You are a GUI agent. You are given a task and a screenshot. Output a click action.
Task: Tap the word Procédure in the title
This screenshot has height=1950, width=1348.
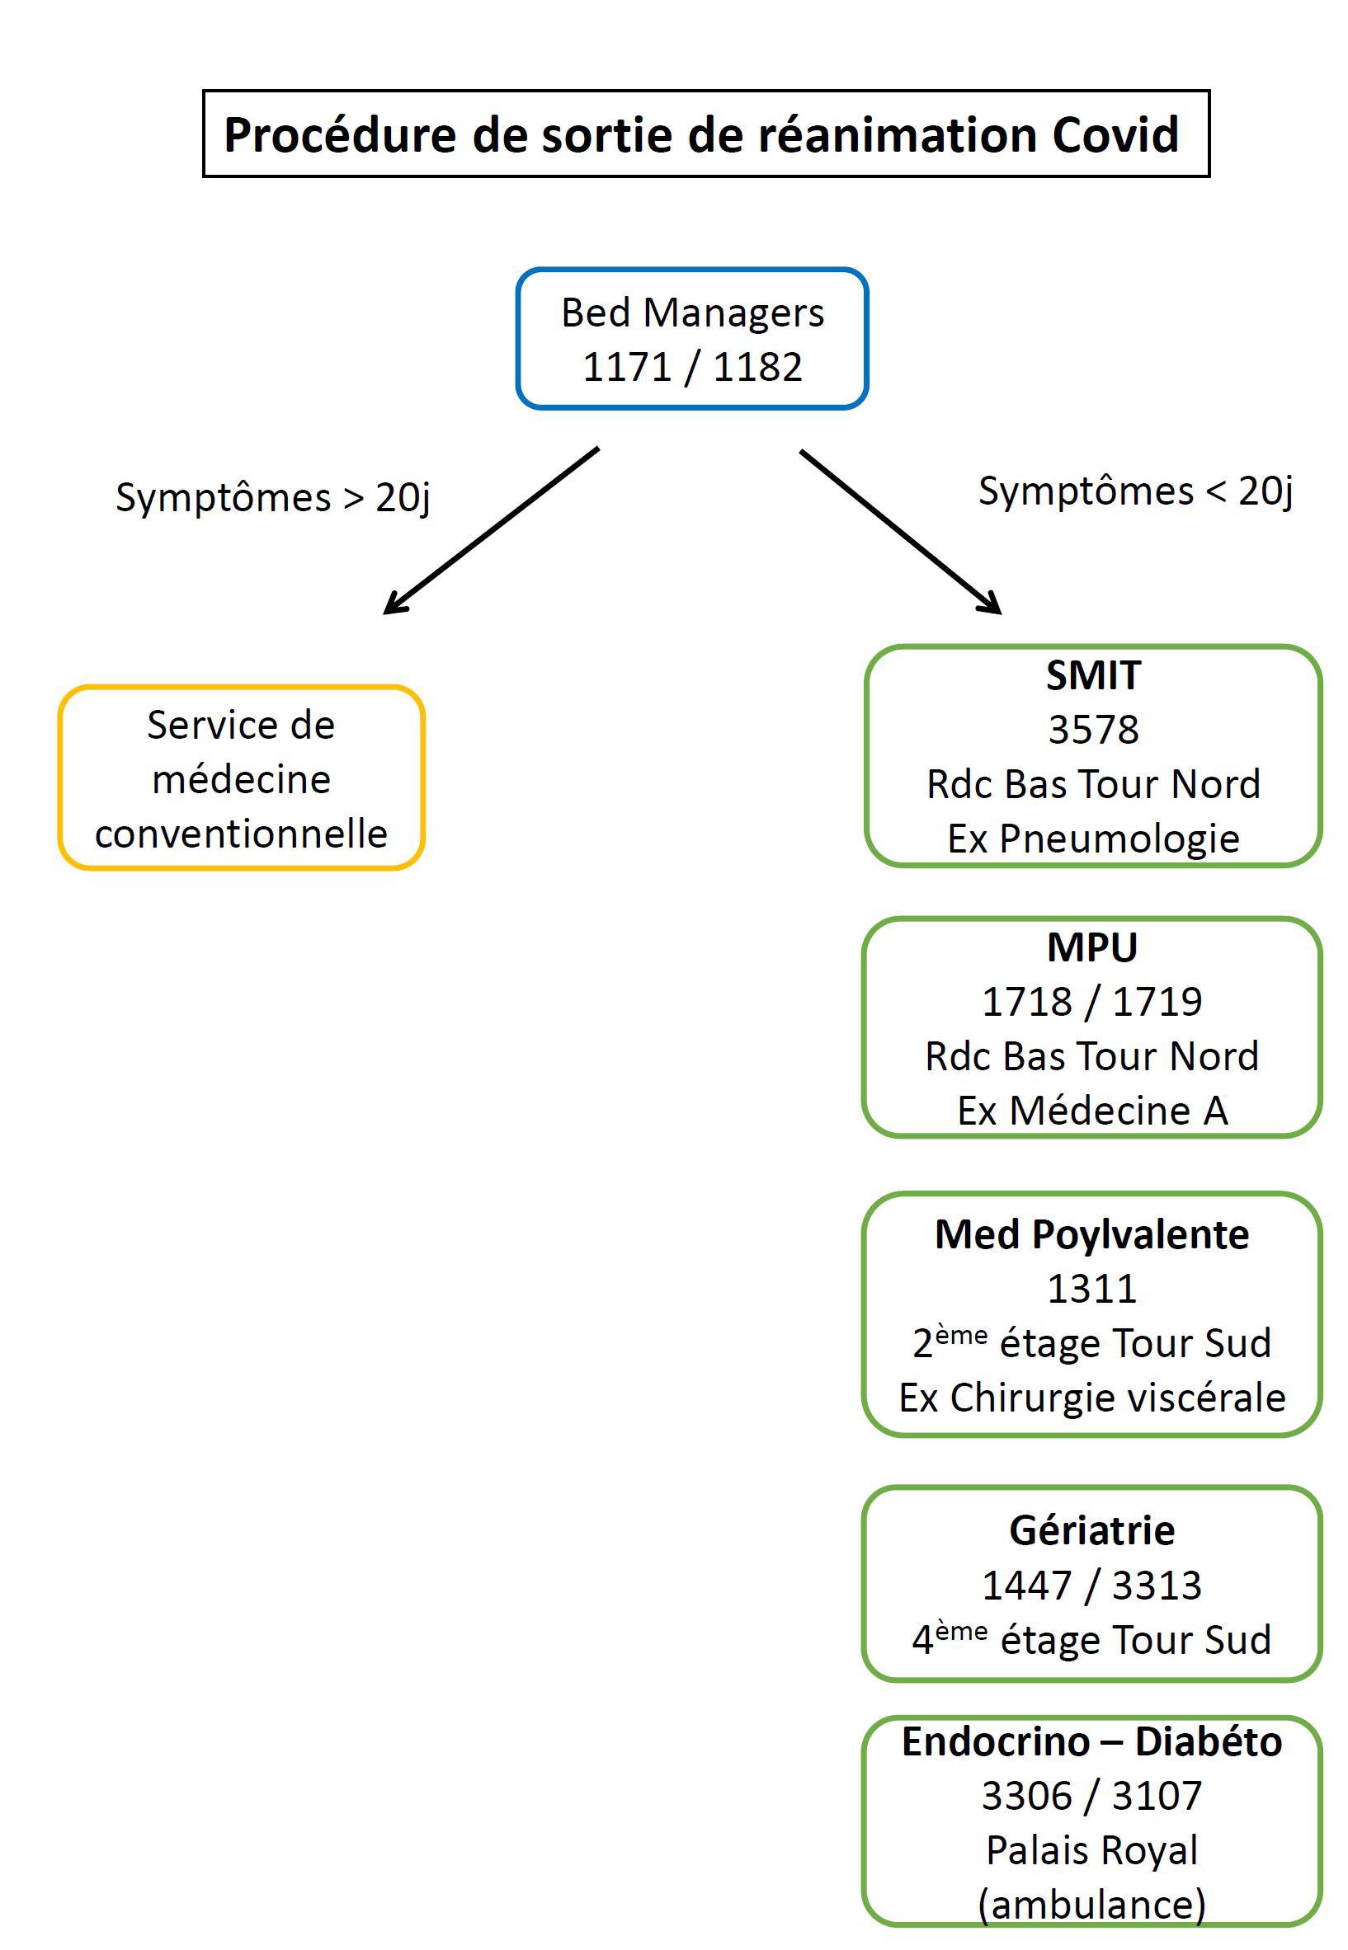point(339,135)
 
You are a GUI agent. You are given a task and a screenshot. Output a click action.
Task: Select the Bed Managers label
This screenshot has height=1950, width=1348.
point(693,313)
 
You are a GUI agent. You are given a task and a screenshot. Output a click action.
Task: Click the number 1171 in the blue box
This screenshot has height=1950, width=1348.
point(627,367)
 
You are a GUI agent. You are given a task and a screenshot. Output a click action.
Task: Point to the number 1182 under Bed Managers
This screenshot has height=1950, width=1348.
point(757,367)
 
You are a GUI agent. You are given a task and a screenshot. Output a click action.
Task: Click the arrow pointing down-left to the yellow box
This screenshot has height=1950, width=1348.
point(491,530)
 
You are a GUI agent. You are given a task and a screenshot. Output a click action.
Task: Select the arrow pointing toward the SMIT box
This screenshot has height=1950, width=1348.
point(900,532)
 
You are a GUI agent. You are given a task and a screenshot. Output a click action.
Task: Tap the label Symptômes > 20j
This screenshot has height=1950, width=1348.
point(273,498)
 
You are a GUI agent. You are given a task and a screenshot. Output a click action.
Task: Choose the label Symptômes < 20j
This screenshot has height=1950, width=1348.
point(1135,492)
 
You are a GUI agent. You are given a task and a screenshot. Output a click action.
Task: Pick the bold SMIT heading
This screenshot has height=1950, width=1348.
point(1093,675)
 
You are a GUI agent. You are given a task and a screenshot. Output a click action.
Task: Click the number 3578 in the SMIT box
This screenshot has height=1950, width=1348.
point(1093,730)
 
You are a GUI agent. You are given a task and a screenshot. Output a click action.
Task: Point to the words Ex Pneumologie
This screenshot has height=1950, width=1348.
point(1093,839)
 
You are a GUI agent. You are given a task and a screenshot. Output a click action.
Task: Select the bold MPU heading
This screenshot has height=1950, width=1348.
point(1092,947)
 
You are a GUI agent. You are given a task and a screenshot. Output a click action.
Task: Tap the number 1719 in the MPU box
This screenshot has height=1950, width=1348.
point(1157,1002)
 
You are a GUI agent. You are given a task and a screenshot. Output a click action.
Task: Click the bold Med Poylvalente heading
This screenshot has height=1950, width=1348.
point(1091,1235)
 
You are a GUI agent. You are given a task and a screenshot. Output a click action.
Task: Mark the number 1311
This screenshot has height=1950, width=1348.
point(1091,1289)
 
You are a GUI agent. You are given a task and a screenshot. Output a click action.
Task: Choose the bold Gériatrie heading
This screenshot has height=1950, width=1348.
point(1091,1531)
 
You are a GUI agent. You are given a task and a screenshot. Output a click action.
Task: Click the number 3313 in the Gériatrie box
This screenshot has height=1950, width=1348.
point(1157,1586)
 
